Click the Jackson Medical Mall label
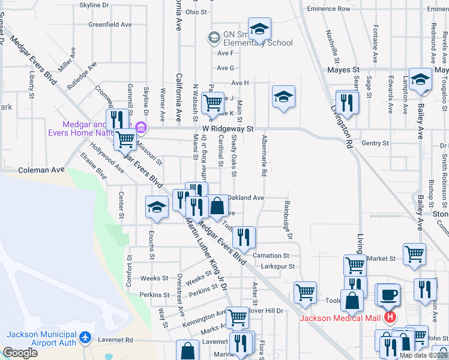click(340, 318)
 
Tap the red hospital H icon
click(390, 317)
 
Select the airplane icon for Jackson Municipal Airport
click(85, 338)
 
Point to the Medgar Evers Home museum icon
click(141, 127)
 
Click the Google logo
click(20, 353)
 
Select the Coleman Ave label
click(41, 170)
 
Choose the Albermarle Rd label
click(264, 155)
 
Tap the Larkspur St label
click(274, 266)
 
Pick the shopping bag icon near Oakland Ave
click(218, 206)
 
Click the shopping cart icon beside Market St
click(414, 254)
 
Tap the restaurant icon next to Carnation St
click(244, 237)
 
